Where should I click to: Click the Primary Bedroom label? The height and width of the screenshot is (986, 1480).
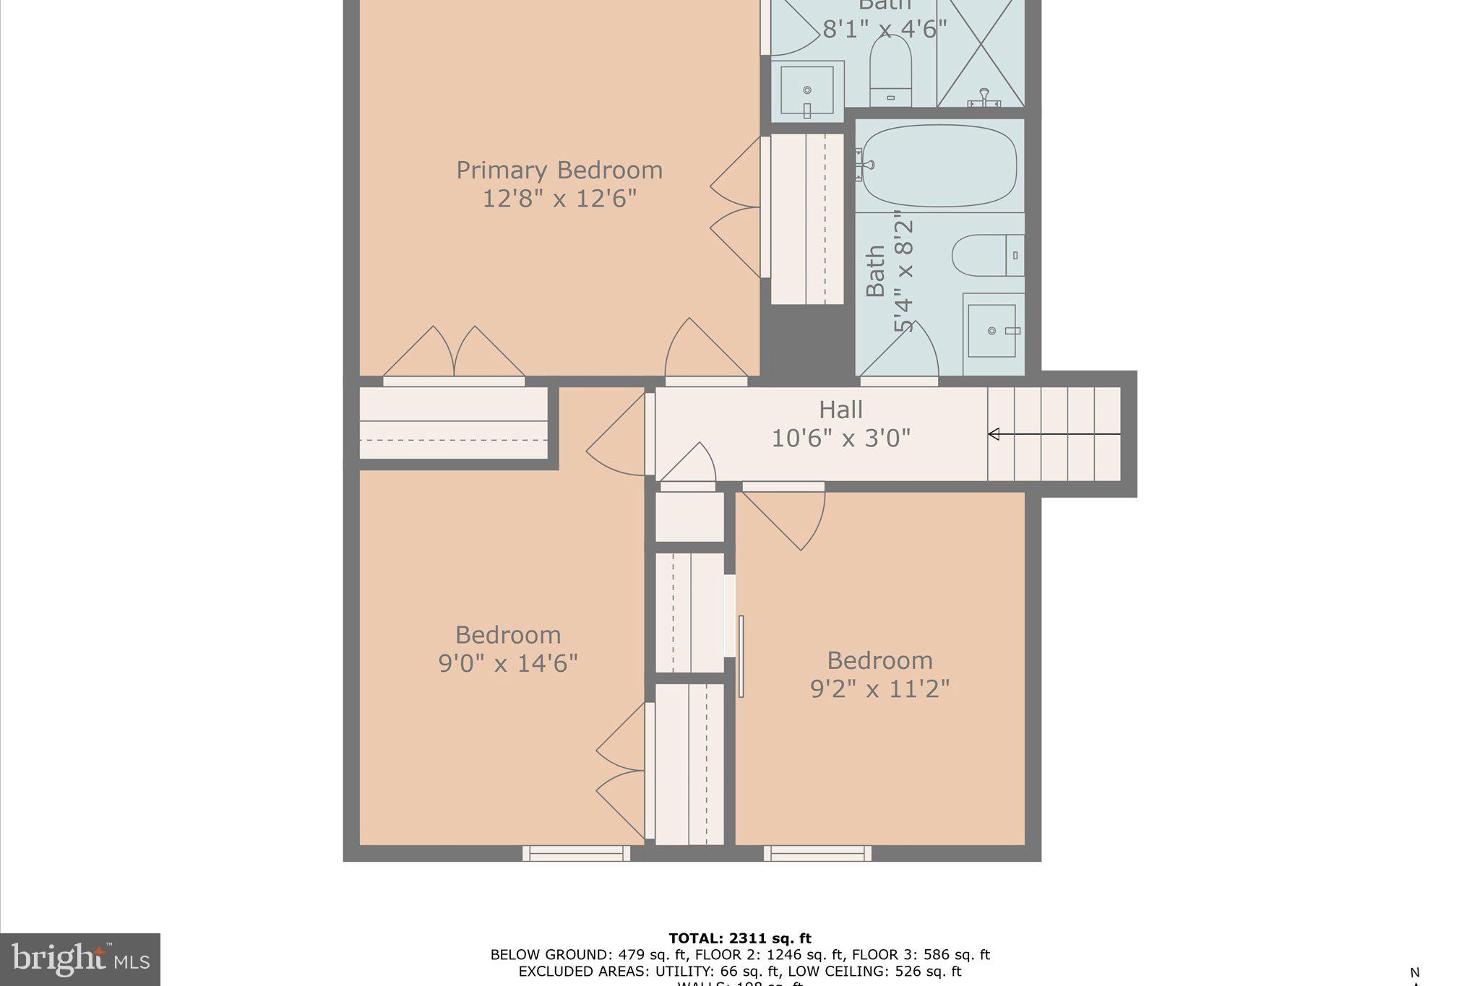tap(559, 170)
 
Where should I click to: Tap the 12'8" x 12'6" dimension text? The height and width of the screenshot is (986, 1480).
tap(559, 198)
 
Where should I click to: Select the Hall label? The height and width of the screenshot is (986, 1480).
tap(840, 410)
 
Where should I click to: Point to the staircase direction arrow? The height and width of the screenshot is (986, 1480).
tap(1054, 434)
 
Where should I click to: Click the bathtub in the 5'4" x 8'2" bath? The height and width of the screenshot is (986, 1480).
tap(939, 166)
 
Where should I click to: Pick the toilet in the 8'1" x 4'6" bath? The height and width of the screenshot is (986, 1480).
tap(890, 69)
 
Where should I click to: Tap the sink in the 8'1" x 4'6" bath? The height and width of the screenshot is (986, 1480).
tap(807, 91)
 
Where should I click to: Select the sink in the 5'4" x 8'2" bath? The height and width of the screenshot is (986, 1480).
tap(992, 331)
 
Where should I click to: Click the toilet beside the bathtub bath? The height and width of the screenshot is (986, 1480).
tap(987, 255)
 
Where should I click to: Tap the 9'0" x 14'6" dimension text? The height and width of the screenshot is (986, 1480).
tap(508, 663)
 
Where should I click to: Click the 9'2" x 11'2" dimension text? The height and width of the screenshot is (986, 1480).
tap(879, 688)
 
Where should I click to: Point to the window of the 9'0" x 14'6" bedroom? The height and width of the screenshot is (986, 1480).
tap(576, 854)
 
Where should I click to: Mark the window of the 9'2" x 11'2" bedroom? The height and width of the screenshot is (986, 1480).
tap(817, 854)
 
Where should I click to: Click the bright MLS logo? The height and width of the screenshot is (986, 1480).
tap(79, 959)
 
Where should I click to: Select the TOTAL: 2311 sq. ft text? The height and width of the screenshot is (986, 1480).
tap(739, 938)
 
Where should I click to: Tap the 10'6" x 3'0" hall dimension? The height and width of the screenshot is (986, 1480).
tap(840, 438)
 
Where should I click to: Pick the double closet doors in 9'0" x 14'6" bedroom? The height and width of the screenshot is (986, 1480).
tap(620, 770)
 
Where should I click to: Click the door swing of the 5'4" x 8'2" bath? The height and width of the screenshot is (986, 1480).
tap(903, 352)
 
